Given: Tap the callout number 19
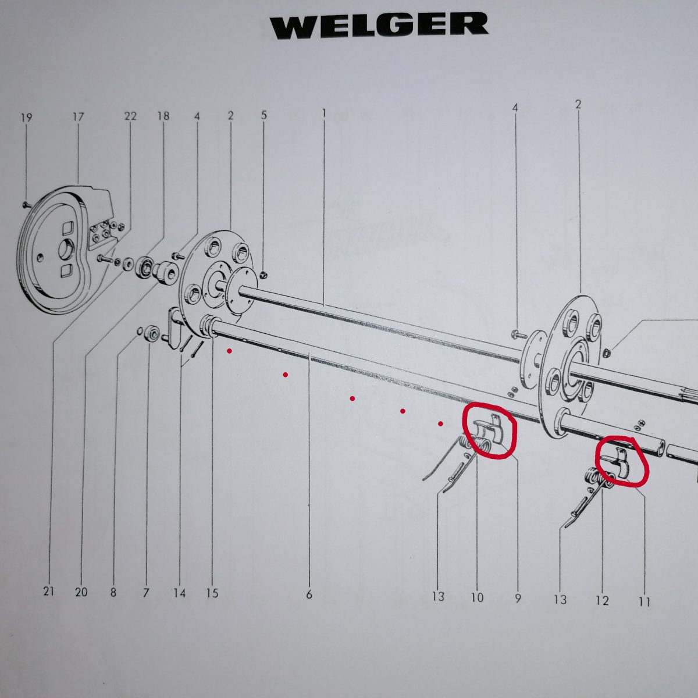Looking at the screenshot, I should pyautogui.click(x=26, y=118).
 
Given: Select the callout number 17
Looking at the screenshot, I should pyautogui.click(x=79, y=117).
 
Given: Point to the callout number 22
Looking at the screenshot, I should pyautogui.click(x=130, y=116).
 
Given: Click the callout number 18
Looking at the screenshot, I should pyautogui.click(x=163, y=116).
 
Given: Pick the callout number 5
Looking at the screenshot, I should pyautogui.click(x=263, y=115).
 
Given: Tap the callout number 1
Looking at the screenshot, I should pyautogui.click(x=323, y=113).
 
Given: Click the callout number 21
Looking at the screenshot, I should pyautogui.click(x=48, y=592).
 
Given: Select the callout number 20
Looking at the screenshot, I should pyautogui.click(x=81, y=592).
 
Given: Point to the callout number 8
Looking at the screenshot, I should pyautogui.click(x=113, y=593).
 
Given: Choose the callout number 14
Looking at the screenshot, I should pyautogui.click(x=179, y=593).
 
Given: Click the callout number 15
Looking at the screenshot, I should pyautogui.click(x=212, y=593).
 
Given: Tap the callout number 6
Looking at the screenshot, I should pyautogui.click(x=309, y=594).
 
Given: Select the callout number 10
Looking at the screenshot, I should pyautogui.click(x=477, y=597).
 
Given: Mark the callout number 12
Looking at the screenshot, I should pyautogui.click(x=602, y=601).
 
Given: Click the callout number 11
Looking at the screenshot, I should pyautogui.click(x=644, y=602).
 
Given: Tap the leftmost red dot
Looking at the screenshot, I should pyautogui.click(x=230, y=351).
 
